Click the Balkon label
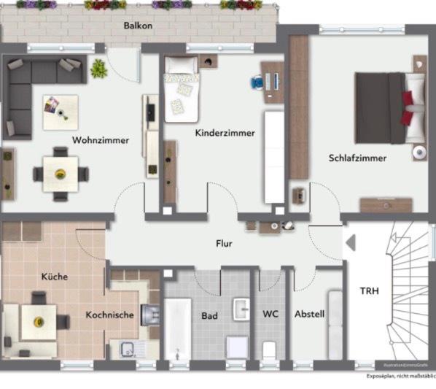(x=138, y=25)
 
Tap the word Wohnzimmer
(x=101, y=140)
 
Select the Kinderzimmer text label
(x=225, y=133)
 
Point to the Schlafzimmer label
(x=357, y=157)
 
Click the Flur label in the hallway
(x=224, y=243)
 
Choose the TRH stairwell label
(x=369, y=290)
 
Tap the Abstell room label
(x=309, y=314)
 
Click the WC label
(x=270, y=314)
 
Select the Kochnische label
(x=109, y=315)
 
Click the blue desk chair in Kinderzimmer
(x=257, y=82)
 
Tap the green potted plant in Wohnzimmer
(x=98, y=69)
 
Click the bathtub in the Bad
(x=177, y=328)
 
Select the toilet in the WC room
(x=269, y=349)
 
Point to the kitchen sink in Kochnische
(x=125, y=347)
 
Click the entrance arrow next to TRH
(x=349, y=243)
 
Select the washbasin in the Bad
(x=241, y=309)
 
